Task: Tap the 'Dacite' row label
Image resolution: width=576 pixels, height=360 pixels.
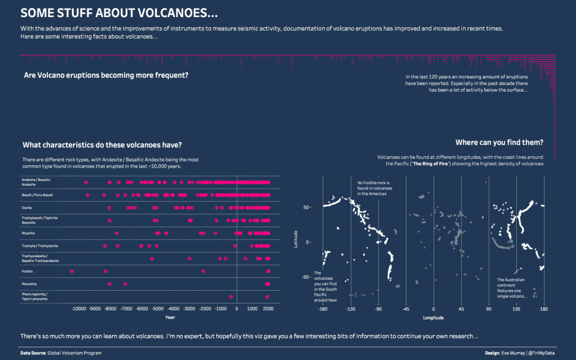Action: coord(27,207)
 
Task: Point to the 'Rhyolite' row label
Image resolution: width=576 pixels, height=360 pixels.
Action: coord(29,233)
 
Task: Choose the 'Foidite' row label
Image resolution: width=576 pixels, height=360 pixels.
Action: coord(28,271)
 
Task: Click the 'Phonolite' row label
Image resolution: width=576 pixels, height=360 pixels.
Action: coord(29,284)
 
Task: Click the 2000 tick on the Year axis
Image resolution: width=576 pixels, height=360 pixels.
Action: coord(268,309)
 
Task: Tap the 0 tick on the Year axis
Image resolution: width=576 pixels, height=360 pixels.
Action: coord(237,309)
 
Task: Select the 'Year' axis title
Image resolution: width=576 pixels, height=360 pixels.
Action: coord(170,318)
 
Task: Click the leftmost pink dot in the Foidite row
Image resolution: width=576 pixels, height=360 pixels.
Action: coord(72,271)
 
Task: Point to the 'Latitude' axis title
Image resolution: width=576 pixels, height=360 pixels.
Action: coord(296,238)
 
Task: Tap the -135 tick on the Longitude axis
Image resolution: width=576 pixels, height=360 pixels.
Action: coord(350,309)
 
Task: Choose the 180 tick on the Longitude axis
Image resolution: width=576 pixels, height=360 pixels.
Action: coord(544,309)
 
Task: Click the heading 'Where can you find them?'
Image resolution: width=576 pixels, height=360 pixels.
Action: coord(499,142)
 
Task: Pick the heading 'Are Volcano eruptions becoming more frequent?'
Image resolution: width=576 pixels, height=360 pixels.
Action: coord(106,75)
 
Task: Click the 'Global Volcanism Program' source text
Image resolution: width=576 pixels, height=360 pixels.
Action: coord(75,353)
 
